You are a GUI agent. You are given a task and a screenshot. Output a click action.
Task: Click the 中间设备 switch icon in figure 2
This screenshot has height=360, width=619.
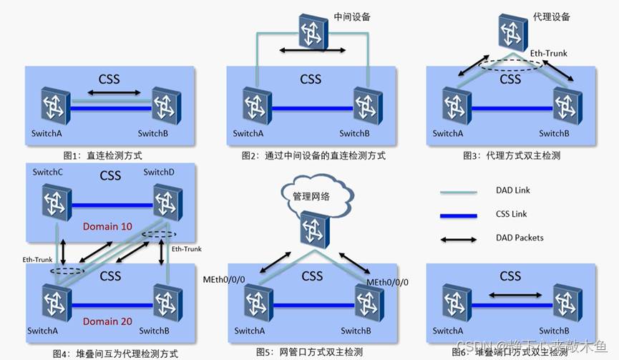[312, 31]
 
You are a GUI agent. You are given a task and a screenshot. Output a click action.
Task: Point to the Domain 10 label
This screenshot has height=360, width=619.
[107, 227]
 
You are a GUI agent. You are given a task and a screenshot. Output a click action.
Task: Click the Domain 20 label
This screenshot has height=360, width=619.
[107, 321]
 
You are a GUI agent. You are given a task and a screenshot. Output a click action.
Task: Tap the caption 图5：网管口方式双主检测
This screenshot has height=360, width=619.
[309, 352]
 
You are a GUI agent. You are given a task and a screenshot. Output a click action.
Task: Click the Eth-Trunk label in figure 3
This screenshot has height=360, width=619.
[548, 53]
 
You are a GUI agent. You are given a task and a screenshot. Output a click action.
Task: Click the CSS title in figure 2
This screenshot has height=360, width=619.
[311, 79]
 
